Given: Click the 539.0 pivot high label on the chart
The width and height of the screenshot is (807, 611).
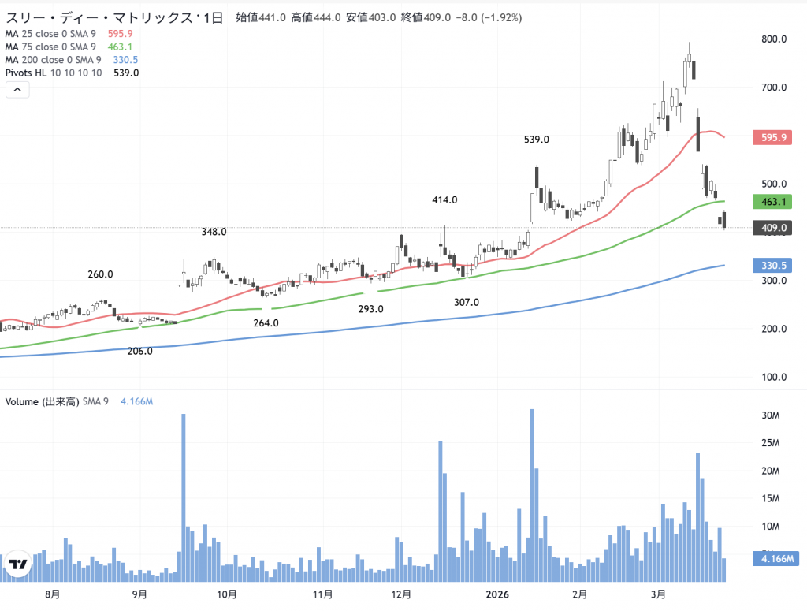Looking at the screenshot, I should pos(537,140).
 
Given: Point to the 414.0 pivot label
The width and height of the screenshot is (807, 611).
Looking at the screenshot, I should pos(444,200).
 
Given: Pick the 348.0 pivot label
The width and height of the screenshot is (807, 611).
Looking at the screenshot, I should pos(214,232).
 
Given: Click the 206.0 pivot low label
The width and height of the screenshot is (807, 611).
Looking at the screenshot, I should pos(139,351).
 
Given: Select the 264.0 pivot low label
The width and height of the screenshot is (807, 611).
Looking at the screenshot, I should pos(266,323).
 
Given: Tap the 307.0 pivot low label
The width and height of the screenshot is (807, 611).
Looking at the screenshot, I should pos(467,302).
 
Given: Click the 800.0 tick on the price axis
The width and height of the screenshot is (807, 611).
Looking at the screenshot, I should pos(775,39).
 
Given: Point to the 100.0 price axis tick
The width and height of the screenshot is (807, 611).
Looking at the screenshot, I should pos(775,377).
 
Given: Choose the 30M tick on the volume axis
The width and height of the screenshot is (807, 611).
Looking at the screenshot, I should pos(770,415).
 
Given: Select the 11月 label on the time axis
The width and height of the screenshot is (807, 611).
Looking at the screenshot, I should pos(322,593).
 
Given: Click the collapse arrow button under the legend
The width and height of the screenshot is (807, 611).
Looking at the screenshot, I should pos(17,90).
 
